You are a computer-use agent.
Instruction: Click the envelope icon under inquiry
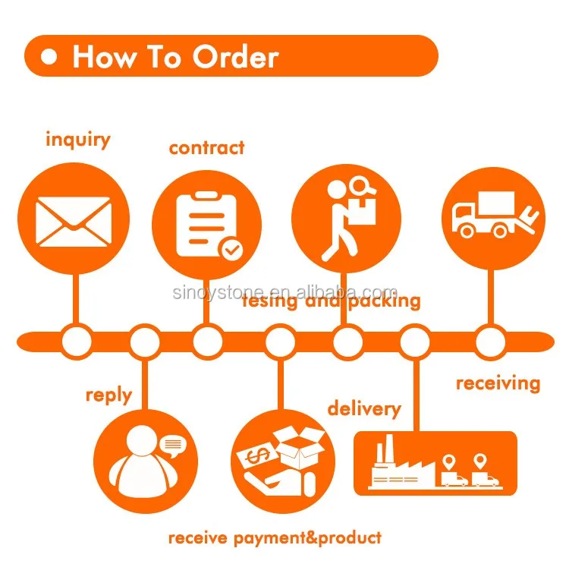tap(74, 220)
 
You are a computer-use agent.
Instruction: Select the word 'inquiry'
tap(77, 140)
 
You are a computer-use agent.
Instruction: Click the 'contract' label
tap(206, 147)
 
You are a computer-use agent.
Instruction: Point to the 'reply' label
tap(108, 395)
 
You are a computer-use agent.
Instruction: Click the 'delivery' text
tap(363, 408)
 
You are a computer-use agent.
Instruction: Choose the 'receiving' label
tap(498, 383)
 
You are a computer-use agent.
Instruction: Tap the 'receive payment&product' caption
tap(275, 538)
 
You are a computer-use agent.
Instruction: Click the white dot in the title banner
tap(50, 58)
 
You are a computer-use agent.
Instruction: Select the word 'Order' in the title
tap(235, 57)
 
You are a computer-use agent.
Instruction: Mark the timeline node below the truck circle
tap(490, 342)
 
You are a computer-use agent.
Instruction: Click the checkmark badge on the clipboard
tap(230, 249)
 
